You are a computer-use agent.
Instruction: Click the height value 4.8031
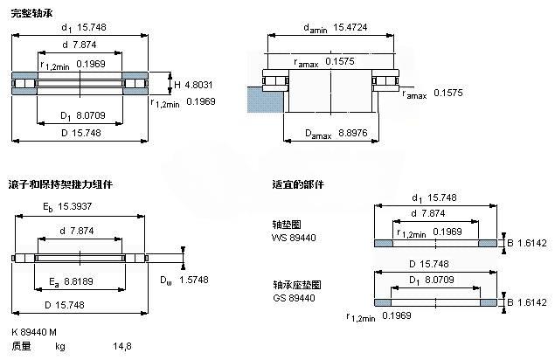[x=198, y=84]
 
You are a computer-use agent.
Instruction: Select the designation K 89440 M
[x=36, y=333]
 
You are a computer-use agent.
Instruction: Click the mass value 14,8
[x=121, y=347]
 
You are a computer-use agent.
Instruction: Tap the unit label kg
[x=60, y=347]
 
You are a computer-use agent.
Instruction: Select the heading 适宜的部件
[x=297, y=186]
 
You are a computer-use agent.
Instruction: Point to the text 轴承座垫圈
[x=296, y=285]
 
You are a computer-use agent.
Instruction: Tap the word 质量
[x=21, y=347]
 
